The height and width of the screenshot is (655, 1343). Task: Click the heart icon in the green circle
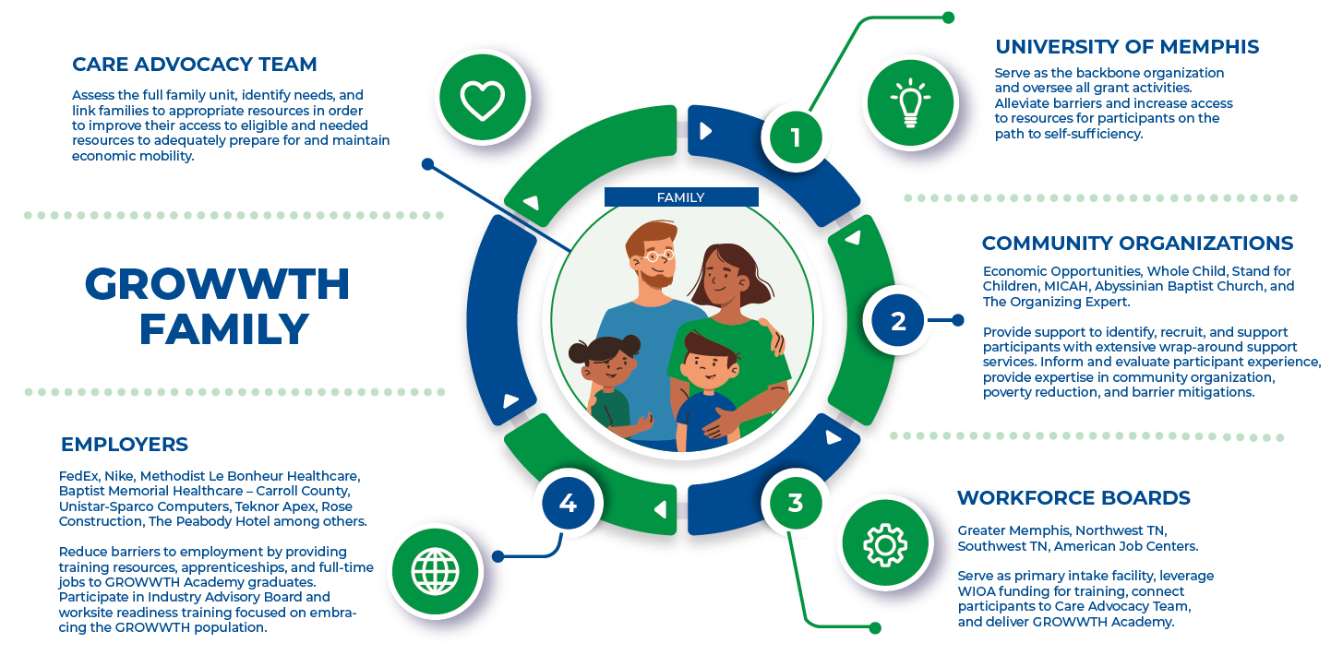pyautogui.click(x=483, y=100)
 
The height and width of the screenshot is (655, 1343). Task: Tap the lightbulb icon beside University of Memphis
pyautogui.click(x=910, y=101)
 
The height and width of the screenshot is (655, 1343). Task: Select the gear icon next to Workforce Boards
pyautogui.click(x=884, y=543)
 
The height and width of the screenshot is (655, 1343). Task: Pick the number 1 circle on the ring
pyautogui.click(x=796, y=137)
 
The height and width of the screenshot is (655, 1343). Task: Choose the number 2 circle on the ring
pyautogui.click(x=898, y=321)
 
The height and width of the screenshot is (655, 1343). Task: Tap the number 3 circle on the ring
pyautogui.click(x=796, y=504)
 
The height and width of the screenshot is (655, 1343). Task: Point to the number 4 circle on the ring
pyautogui.click(x=568, y=504)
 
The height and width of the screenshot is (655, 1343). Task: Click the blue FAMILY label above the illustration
pyautogui.click(x=681, y=197)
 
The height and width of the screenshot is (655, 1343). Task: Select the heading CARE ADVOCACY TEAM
pyautogui.click(x=195, y=65)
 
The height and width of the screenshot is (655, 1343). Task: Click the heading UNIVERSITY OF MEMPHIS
pyautogui.click(x=1127, y=46)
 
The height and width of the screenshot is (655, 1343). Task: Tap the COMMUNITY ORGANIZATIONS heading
pyautogui.click(x=1137, y=244)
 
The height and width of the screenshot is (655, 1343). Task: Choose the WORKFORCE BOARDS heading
pyautogui.click(x=1073, y=498)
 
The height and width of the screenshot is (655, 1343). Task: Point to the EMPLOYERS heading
pyautogui.click(x=125, y=444)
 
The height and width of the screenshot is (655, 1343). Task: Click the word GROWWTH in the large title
pyautogui.click(x=217, y=284)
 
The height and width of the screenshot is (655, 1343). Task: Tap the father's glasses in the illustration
pyautogui.click(x=659, y=255)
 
